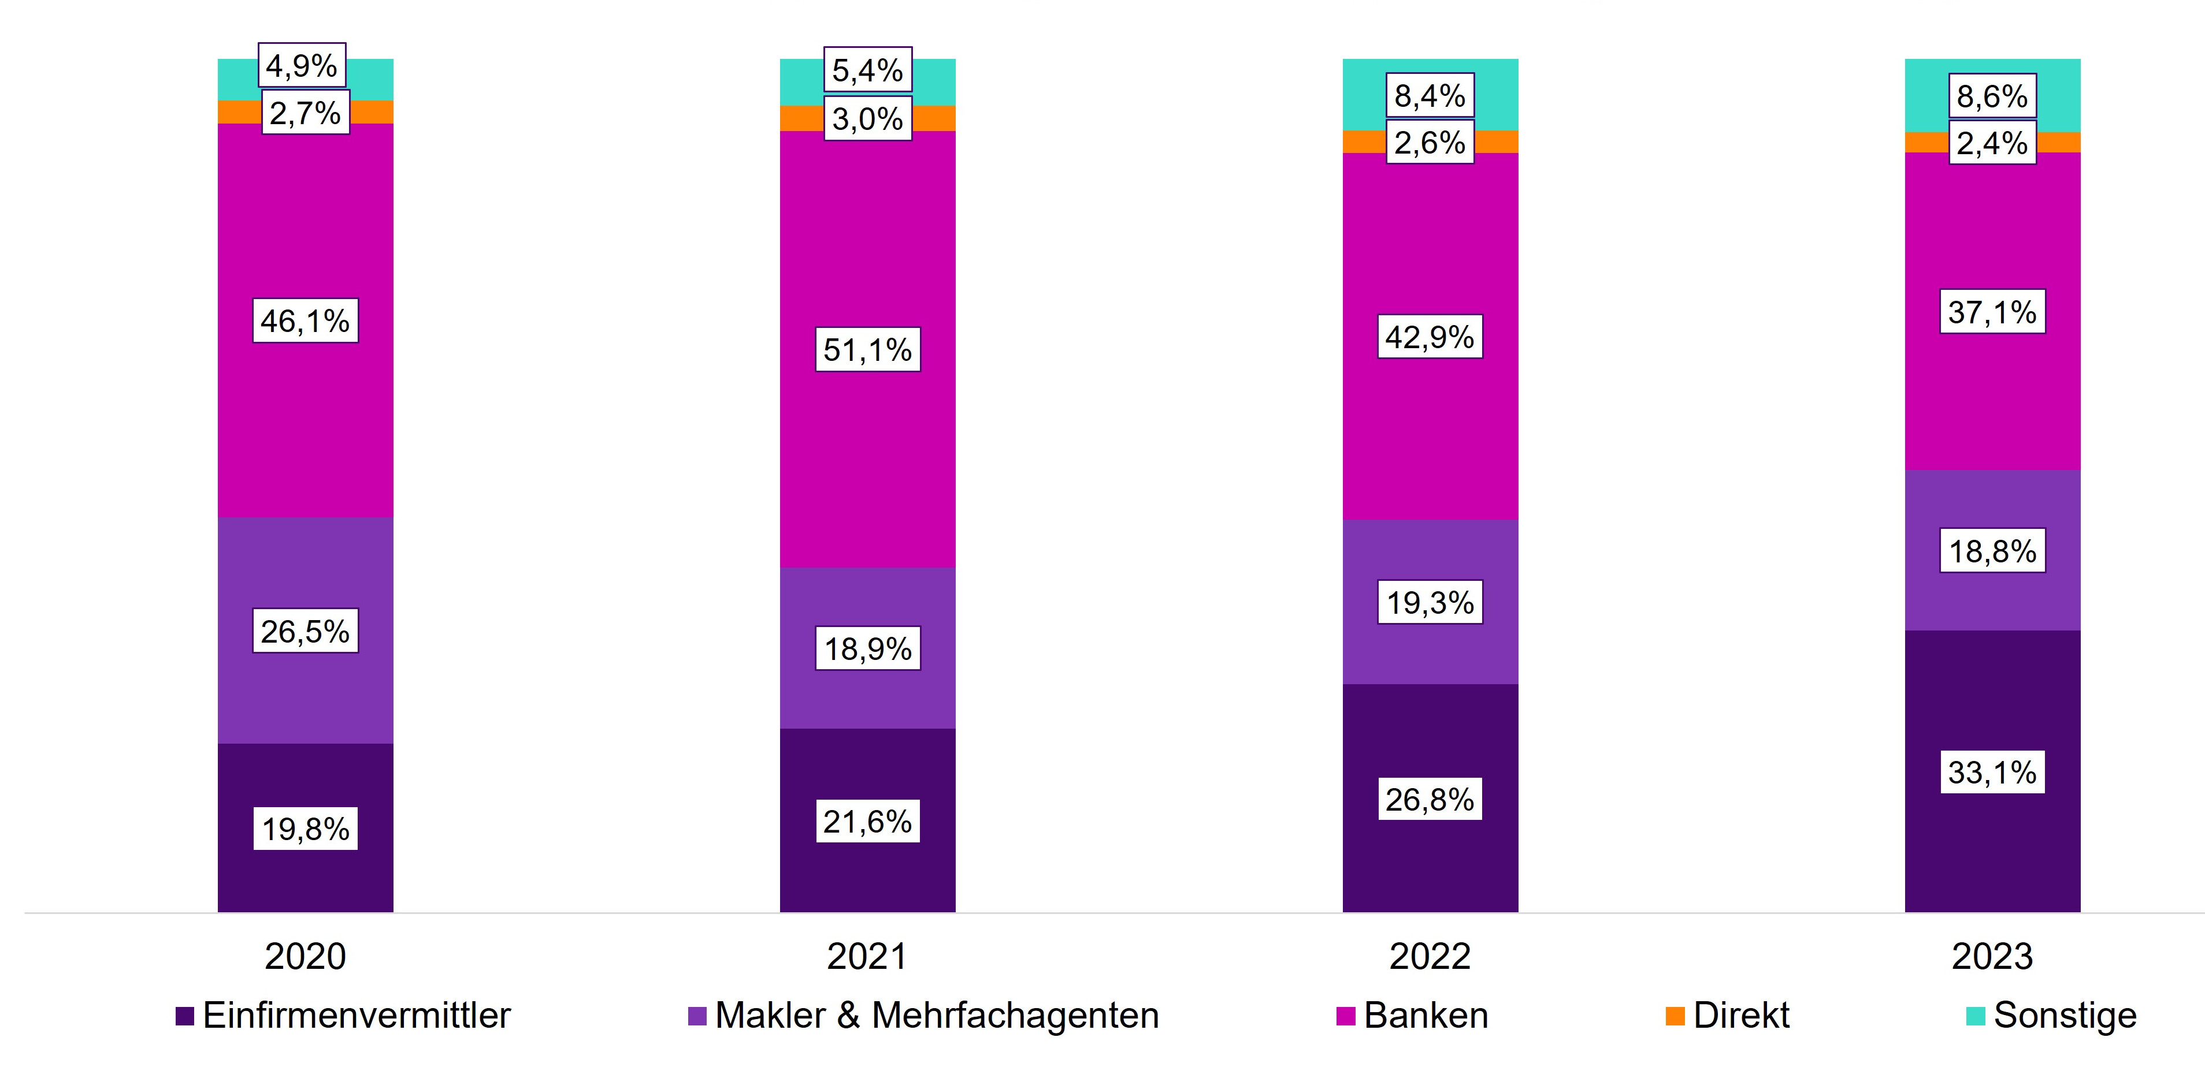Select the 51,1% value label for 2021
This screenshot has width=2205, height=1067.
coord(867,349)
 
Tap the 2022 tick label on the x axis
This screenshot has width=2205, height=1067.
coord(1430,956)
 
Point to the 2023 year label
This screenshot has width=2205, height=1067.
coord(1992,956)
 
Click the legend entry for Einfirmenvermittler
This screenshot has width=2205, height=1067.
coord(343,1016)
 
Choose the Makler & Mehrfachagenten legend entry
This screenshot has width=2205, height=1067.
coord(923,1016)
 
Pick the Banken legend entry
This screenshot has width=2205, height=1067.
coord(1412,1016)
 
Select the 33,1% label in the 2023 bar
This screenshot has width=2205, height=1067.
coord(1992,773)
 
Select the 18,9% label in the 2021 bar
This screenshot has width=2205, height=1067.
coord(867,648)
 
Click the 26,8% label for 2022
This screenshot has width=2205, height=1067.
coord(1430,799)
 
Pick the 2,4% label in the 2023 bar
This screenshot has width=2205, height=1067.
coord(1992,143)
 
